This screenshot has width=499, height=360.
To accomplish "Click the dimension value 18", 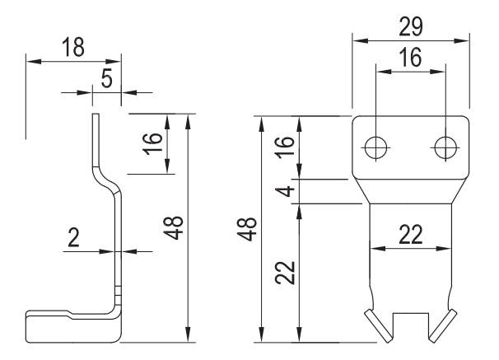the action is click(73, 47).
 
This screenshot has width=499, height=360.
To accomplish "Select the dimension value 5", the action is click(106, 78).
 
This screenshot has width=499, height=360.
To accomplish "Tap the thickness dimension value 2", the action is click(73, 238).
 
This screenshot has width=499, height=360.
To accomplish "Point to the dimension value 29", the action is click(411, 26).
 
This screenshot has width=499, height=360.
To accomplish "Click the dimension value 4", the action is click(285, 191).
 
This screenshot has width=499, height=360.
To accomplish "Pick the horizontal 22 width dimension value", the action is click(411, 235).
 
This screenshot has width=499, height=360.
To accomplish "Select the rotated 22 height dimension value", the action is click(285, 273).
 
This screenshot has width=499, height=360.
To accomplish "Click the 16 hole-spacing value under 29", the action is click(411, 58).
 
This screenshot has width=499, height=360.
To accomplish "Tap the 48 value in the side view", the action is click(174, 228).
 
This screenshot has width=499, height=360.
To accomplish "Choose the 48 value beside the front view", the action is click(247, 229).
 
